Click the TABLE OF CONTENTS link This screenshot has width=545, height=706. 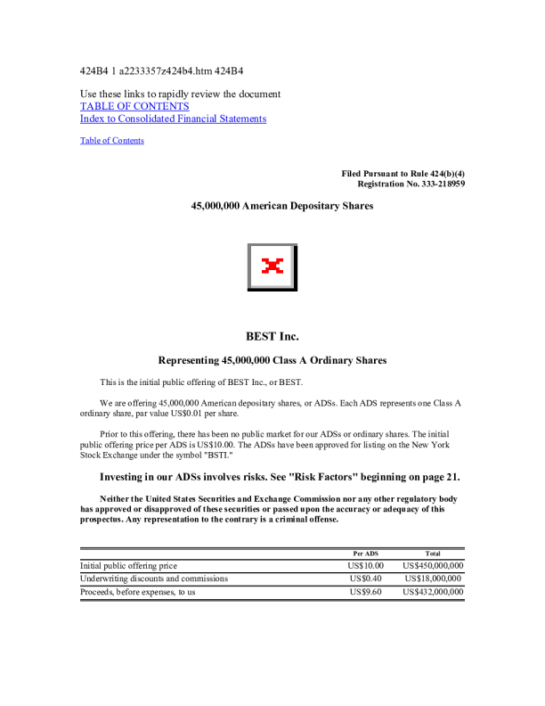pyautogui.click(x=134, y=106)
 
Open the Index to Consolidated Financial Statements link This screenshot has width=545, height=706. pyautogui.click(x=173, y=119)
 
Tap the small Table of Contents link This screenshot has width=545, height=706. pyautogui.click(x=112, y=141)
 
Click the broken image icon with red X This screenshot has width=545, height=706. pyautogui.click(x=272, y=266)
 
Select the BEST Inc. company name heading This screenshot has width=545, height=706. pyautogui.click(x=272, y=336)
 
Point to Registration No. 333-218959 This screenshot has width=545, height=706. pyautogui.click(x=411, y=184)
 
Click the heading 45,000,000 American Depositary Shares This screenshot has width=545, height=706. pyautogui.click(x=282, y=206)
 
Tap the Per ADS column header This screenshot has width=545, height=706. pyautogui.click(x=366, y=554)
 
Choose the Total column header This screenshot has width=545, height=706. pyautogui.click(x=433, y=554)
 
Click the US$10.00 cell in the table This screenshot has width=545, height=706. pyautogui.click(x=366, y=566)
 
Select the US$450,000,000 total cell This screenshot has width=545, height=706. pyautogui.click(x=433, y=566)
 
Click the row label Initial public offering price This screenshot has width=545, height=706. pyautogui.click(x=128, y=566)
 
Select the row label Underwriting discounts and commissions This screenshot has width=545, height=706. pyautogui.click(x=154, y=579)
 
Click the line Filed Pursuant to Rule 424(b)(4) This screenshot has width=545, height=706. pyautogui.click(x=403, y=173)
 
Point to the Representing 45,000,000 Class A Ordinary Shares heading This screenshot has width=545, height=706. pyautogui.click(x=272, y=361)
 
